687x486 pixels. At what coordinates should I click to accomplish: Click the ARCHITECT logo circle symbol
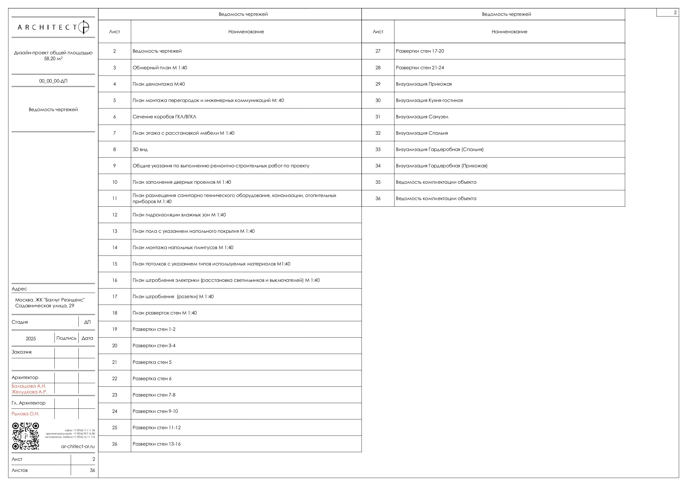point(83,27)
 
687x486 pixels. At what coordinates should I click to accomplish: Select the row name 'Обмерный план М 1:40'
point(160,68)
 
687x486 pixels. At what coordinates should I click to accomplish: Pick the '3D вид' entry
point(140,149)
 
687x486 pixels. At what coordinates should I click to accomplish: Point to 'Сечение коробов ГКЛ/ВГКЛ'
point(164,117)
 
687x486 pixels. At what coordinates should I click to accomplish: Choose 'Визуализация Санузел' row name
point(422,117)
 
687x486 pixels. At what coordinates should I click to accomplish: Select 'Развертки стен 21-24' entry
point(420,68)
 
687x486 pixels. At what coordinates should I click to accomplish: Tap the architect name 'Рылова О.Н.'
point(25,414)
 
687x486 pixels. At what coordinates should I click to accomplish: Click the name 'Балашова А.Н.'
point(29,386)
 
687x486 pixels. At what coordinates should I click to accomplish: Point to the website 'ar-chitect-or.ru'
point(78,446)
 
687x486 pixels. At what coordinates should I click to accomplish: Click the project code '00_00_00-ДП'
point(53,81)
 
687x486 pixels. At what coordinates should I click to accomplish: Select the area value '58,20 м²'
point(53,59)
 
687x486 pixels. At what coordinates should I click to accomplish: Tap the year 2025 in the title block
point(31,339)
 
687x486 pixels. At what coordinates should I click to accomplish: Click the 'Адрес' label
point(19,289)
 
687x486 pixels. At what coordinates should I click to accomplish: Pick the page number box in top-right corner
point(667,12)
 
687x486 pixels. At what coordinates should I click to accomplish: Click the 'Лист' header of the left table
point(115,32)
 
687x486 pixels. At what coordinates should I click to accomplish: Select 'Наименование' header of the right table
point(509,32)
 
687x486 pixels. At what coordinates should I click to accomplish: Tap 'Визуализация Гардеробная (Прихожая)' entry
point(441,166)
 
